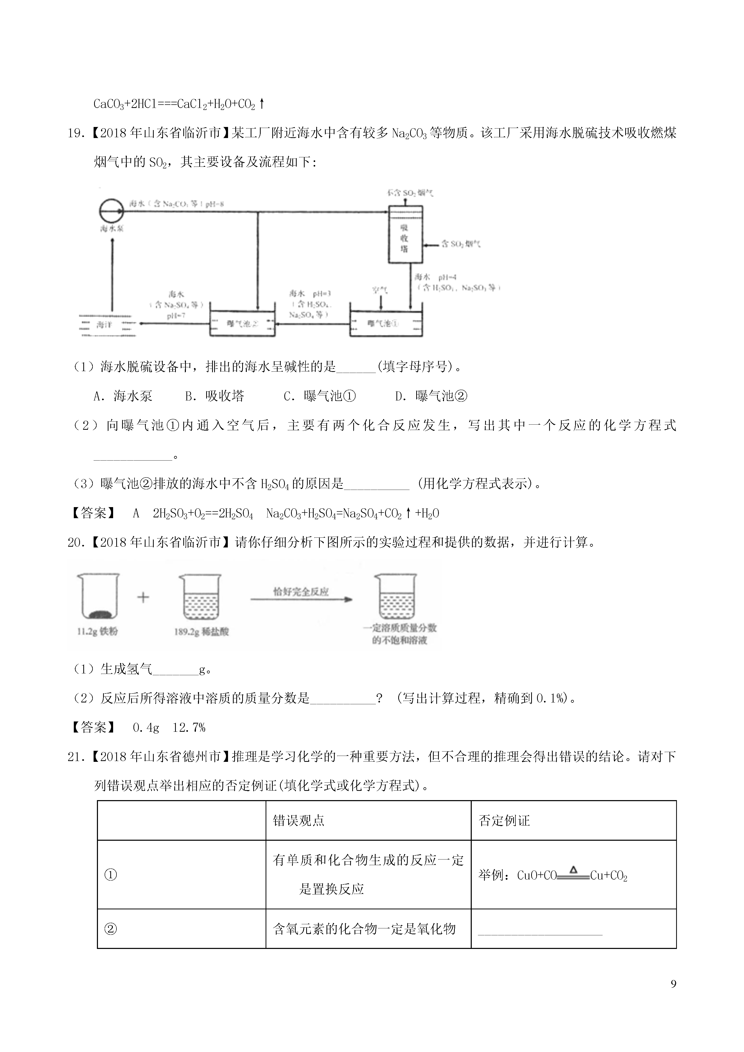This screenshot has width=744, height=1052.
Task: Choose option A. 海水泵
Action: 123,396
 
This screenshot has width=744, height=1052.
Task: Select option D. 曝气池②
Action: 431,396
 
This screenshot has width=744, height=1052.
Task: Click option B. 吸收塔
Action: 214,396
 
